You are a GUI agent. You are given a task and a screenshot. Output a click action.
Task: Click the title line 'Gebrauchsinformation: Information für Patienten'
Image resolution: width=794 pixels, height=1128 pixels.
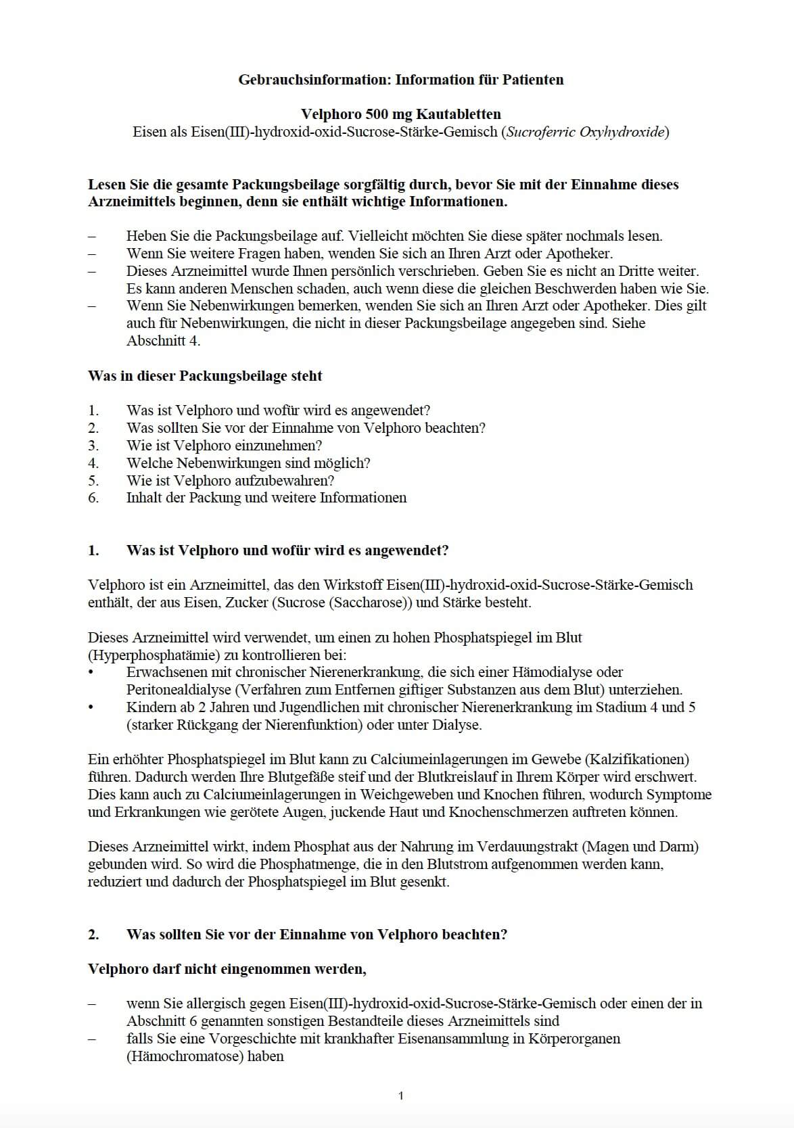400,80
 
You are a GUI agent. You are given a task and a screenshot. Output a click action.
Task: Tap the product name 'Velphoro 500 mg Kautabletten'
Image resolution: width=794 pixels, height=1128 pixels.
400,114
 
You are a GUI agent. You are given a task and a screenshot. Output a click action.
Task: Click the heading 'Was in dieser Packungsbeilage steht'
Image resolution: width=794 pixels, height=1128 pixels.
205,376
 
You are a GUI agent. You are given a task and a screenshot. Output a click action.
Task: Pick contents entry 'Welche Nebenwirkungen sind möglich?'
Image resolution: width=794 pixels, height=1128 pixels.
248,463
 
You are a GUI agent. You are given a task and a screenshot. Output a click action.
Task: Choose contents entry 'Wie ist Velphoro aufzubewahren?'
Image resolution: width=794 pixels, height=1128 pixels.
230,481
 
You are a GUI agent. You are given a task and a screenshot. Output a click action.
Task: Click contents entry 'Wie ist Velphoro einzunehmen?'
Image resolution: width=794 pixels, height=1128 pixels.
224,446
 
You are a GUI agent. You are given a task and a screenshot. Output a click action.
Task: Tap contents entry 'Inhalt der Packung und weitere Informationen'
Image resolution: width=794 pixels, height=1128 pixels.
266,498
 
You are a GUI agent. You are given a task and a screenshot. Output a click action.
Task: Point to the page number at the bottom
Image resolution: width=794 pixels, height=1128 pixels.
401,1096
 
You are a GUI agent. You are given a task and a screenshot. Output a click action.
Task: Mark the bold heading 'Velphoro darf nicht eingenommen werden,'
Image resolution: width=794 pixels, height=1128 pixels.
227,969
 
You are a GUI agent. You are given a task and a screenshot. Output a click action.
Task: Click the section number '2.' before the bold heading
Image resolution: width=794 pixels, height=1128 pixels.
93,935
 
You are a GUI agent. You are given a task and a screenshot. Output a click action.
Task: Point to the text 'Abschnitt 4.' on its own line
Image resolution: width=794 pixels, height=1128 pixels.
163,341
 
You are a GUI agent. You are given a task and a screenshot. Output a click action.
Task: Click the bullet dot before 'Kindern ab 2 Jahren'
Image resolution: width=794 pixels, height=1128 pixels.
91,707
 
